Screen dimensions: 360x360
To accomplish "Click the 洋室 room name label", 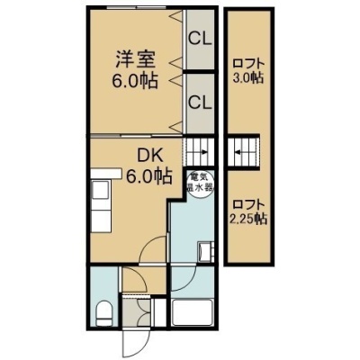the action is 135,59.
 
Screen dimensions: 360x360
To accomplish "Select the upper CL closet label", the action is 200,39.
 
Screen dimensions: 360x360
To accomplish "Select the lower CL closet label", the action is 200,103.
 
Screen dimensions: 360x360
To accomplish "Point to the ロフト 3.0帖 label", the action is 248,71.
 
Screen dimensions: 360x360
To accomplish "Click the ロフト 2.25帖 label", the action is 247,212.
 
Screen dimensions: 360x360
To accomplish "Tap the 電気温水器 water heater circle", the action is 200,184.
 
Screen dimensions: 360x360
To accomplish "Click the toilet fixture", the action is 104,313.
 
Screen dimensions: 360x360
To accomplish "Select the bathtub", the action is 193,312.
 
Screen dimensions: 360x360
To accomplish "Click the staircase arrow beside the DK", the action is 203,152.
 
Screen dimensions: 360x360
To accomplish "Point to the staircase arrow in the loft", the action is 239,152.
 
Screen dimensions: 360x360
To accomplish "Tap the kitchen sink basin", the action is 101,190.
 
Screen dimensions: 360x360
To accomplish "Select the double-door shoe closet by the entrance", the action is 137,312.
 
